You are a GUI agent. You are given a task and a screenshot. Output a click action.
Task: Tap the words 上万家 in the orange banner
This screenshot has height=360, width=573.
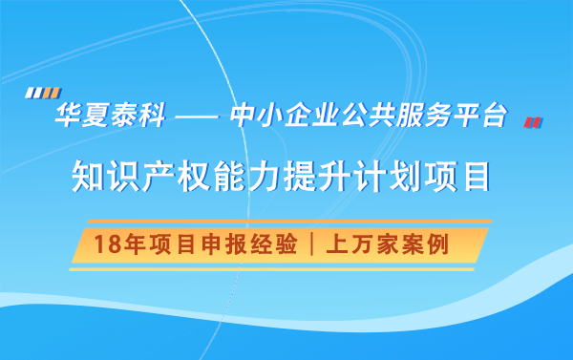coord(363,244)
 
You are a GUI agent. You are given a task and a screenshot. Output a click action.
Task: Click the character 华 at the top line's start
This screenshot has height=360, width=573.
coord(69,117)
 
